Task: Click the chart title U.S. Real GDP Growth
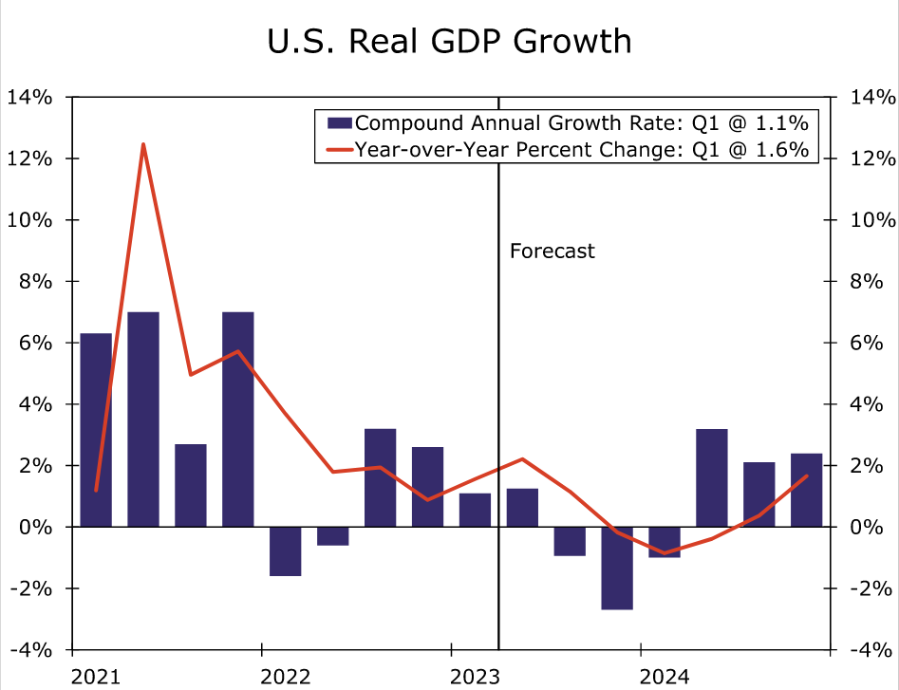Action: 449,41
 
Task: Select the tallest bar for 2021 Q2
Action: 143,419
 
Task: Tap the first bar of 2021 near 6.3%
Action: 96,430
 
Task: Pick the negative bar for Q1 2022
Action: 285,551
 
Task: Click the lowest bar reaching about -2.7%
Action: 617,568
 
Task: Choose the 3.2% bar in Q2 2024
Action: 712,477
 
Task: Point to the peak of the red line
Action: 143,145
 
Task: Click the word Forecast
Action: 553,252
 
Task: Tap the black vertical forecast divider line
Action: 498,380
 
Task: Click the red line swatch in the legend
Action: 338,150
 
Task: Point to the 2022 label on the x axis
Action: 285,676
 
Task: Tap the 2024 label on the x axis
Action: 665,676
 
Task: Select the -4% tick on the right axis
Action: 872,650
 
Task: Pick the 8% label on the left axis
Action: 33,281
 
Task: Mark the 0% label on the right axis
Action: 872,527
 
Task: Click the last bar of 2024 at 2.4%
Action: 807,490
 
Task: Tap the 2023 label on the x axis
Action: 475,676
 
